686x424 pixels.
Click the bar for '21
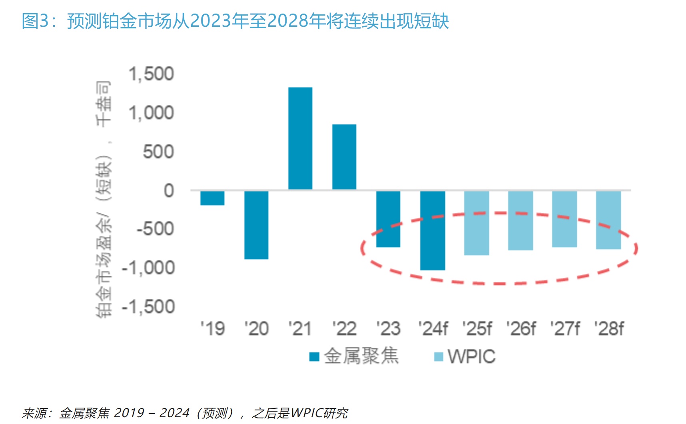300,138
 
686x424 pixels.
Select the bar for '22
344,157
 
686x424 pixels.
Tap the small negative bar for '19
212,198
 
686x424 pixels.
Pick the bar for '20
256,225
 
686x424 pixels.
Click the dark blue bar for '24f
433,231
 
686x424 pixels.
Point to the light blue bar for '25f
477,223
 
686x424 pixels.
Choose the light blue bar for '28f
608,220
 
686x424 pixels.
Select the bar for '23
388,219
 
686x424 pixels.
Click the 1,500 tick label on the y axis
151,74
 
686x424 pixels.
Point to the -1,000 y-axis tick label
148,268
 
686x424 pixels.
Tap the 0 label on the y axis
169,191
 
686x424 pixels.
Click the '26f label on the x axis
521,329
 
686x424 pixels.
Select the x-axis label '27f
565,329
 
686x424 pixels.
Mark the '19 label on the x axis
213,329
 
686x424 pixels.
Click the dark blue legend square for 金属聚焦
314,356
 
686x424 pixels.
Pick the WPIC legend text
472,356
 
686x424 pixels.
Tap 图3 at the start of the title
36,21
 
